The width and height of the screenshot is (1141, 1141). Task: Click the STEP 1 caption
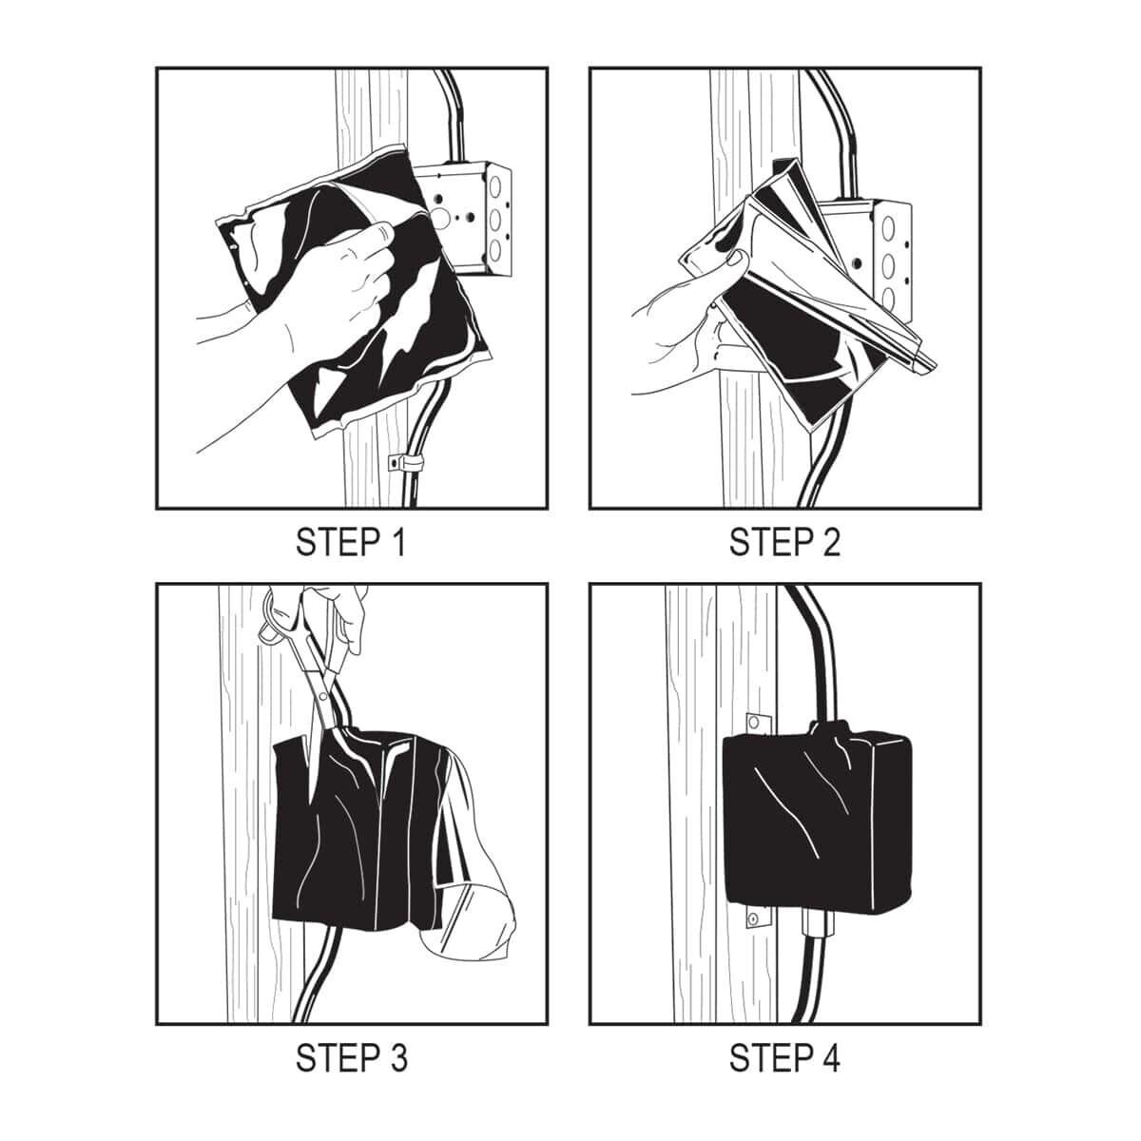351,542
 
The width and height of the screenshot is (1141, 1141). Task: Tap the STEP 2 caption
784,542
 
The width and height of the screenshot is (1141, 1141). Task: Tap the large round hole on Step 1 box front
440,219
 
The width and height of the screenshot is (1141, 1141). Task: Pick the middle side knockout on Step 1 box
495,221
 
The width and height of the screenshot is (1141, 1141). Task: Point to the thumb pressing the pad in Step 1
380,233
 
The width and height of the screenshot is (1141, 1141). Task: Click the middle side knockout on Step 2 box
888,264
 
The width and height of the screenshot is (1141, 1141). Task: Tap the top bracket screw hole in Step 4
754,723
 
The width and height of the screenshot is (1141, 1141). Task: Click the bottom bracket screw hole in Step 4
752,919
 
